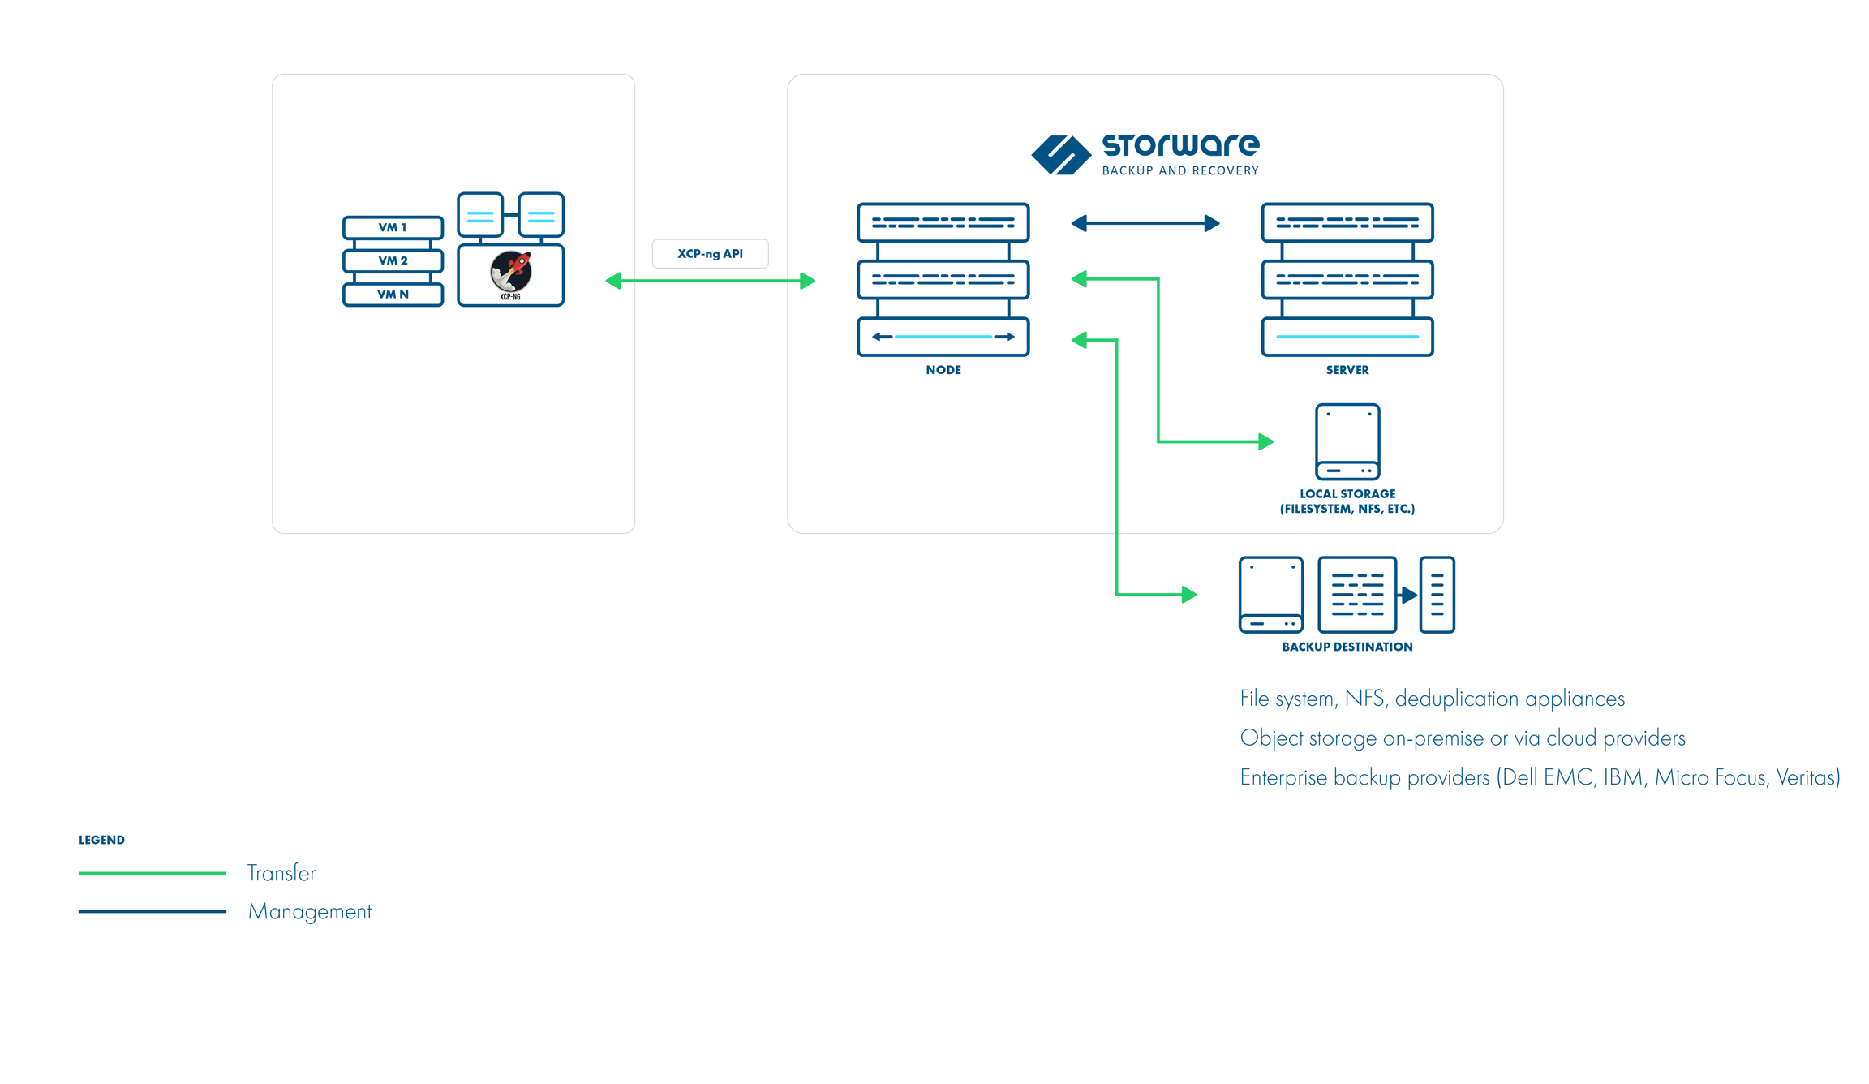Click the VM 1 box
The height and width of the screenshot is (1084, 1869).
tap(393, 227)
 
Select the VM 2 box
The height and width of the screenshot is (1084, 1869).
tap(393, 260)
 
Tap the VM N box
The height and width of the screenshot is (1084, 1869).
tap(393, 294)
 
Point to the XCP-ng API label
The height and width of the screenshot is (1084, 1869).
tap(710, 254)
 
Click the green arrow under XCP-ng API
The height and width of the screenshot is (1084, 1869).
tap(710, 281)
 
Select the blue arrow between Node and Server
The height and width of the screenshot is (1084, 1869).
tap(1145, 223)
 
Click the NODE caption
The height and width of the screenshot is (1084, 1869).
tap(943, 370)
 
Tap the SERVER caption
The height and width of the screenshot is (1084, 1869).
tap(1347, 370)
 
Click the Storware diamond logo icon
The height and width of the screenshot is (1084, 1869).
tap(1060, 154)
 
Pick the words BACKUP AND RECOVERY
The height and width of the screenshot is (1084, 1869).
tap(1179, 170)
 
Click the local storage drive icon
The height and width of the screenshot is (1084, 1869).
tap(1347, 441)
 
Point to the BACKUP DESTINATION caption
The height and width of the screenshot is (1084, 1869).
tap(1347, 647)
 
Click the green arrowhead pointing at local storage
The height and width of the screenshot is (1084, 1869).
tap(1265, 441)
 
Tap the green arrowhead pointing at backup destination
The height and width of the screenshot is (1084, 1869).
tap(1189, 595)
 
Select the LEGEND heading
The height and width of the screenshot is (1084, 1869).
tap(101, 840)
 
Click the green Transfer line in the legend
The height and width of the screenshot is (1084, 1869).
tap(152, 873)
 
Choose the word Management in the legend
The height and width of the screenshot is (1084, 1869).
tap(309, 911)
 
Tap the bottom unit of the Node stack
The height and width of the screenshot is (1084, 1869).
tap(943, 337)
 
